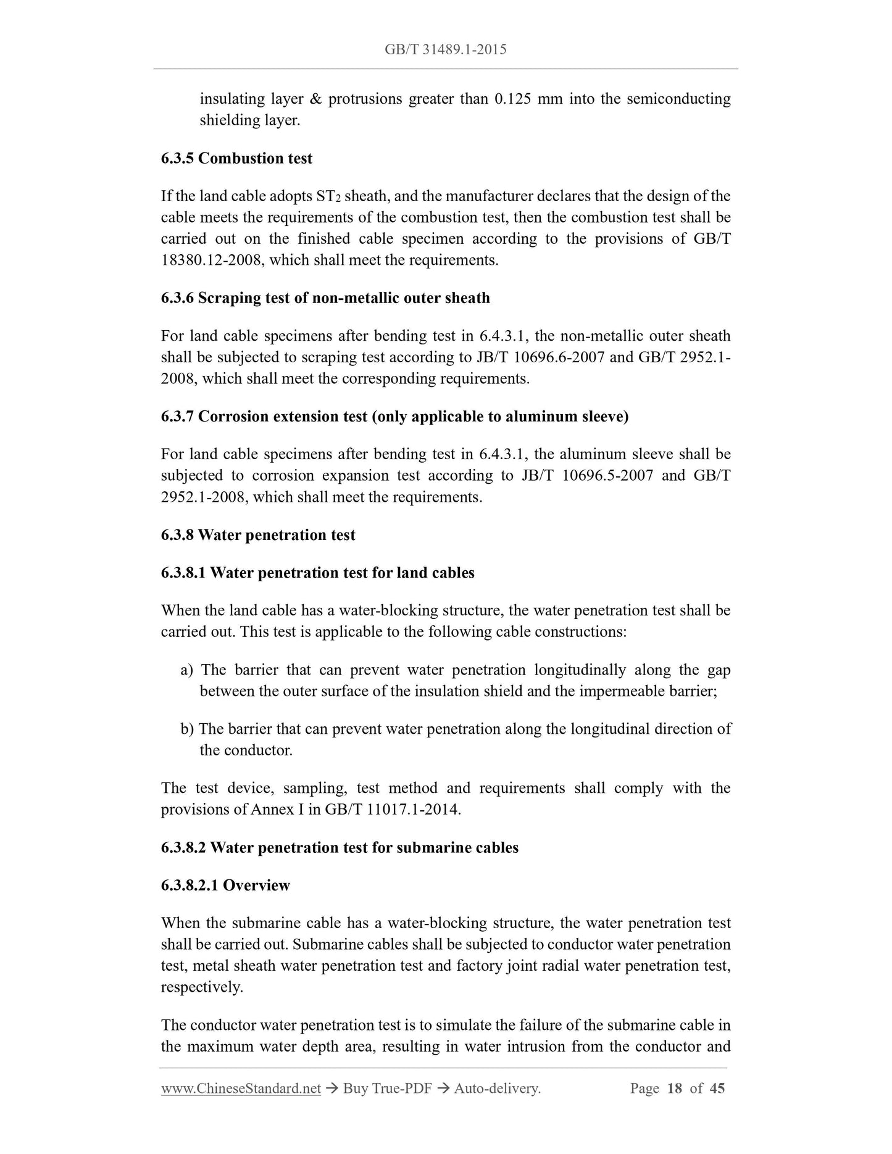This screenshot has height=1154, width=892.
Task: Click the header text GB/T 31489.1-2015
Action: click(445, 49)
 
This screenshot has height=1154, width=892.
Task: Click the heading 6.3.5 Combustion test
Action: click(236, 159)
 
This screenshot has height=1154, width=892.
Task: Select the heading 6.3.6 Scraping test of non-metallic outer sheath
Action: click(325, 298)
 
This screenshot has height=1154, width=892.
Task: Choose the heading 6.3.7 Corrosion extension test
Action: click(394, 417)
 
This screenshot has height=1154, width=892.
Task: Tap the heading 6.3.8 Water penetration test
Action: click(258, 535)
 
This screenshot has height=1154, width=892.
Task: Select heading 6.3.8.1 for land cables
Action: click(317, 573)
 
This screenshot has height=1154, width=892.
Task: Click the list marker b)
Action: click(187, 729)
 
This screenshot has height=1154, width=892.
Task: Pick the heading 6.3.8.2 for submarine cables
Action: click(340, 847)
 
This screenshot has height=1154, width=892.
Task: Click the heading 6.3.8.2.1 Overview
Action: click(225, 886)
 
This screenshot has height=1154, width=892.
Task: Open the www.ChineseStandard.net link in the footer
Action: click(241, 1089)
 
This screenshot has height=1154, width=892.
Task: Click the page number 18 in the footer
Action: click(675, 1089)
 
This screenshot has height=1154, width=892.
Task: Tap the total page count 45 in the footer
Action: click(717, 1089)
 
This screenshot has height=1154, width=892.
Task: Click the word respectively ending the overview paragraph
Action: click(201, 987)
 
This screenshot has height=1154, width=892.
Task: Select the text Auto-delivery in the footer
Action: click(496, 1089)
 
